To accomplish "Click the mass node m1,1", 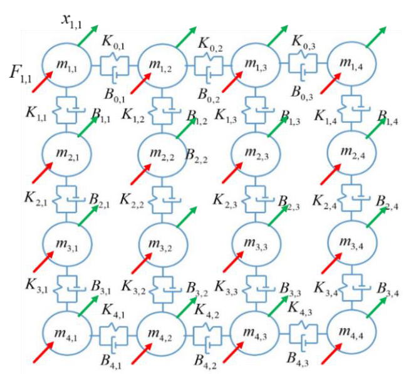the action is [67, 62].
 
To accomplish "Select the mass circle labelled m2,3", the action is [257, 153].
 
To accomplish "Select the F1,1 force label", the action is [21, 74].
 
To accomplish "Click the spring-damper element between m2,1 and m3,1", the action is [67, 197].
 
